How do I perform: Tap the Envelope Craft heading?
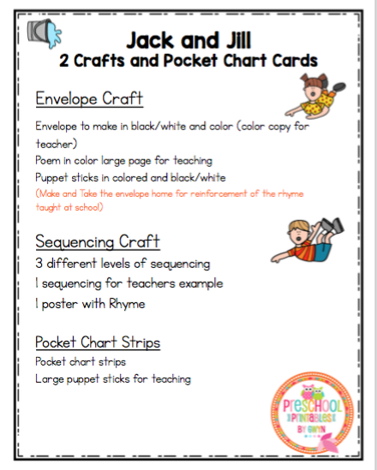pyautogui.click(x=89, y=98)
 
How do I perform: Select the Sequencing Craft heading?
pyautogui.click(x=97, y=241)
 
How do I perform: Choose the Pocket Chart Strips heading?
pyautogui.click(x=98, y=342)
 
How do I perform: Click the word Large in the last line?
pyautogui.click(x=50, y=378)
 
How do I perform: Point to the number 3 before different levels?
pyautogui.click(x=39, y=263)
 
